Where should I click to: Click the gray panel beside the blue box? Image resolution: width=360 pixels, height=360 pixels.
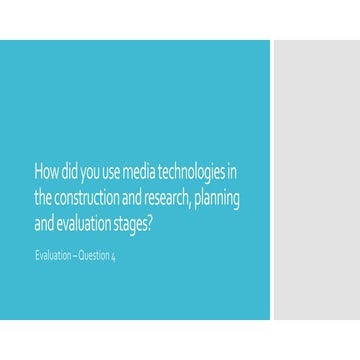pyautogui.click(x=315, y=180)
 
